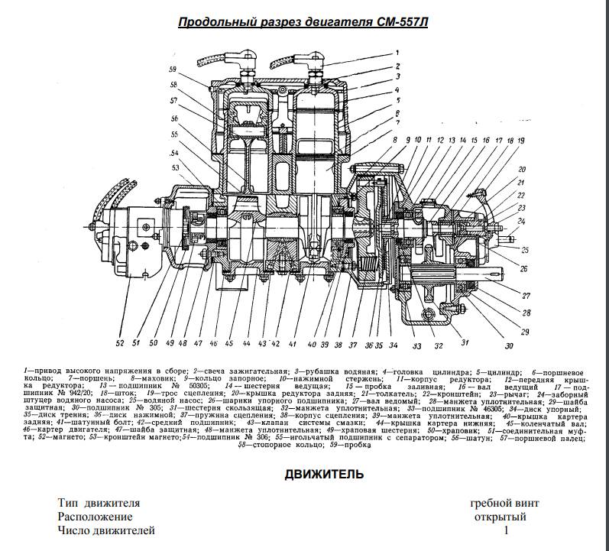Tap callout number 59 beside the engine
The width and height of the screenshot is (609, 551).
[173, 70]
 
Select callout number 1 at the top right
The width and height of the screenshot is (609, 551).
[397, 53]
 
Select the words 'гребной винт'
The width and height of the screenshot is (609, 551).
[506, 504]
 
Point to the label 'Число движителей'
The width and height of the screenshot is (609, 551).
[106, 530]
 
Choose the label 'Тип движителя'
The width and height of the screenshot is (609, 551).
[99, 504]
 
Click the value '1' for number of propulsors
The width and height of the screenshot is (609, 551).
[506, 530]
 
